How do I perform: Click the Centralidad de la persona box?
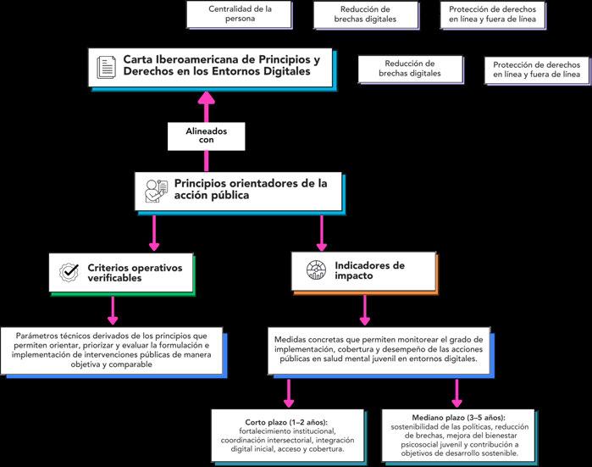pyautogui.click(x=240, y=14)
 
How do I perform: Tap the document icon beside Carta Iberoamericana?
pyautogui.click(x=106, y=67)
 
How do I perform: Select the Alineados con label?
pyautogui.click(x=206, y=136)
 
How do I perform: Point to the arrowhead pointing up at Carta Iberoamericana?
pyautogui.click(x=207, y=97)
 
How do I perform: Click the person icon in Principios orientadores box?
pyautogui.click(x=156, y=192)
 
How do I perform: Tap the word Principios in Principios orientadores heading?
pyautogui.click(x=200, y=184)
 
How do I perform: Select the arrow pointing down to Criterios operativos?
pyautogui.click(x=153, y=233)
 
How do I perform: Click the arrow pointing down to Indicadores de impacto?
pyautogui.click(x=321, y=233)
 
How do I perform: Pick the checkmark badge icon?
pyautogui.click(x=69, y=272)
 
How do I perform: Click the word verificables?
pyautogui.click(x=114, y=278)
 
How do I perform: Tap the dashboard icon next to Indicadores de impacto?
pyautogui.click(x=316, y=270)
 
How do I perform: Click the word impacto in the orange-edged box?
pyautogui.click(x=353, y=275)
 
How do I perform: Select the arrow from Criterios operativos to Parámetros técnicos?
pyautogui.click(x=113, y=310)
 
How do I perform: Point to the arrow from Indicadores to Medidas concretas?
pyautogui.click(x=364, y=310)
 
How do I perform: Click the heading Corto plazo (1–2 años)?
pyautogui.click(x=286, y=422)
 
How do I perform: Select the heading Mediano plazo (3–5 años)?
pyautogui.click(x=458, y=418)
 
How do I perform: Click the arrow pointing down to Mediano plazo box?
pyautogui.click(x=456, y=393)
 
